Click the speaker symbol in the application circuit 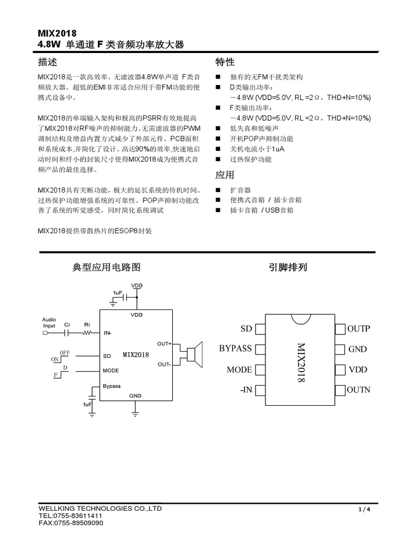(194, 353)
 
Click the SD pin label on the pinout (246, 329)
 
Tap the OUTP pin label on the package (359, 329)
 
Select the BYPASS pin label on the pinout (236, 349)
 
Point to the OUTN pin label (359, 390)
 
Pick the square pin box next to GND (340, 349)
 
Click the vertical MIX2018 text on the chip (301, 363)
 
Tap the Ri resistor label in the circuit (87, 325)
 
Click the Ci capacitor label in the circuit (67, 325)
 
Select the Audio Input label (49, 323)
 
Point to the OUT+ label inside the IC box (164, 344)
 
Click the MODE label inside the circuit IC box (110, 371)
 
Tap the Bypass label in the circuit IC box (112, 386)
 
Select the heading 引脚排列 (288, 267)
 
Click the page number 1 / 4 (364, 510)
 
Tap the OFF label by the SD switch (64, 352)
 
